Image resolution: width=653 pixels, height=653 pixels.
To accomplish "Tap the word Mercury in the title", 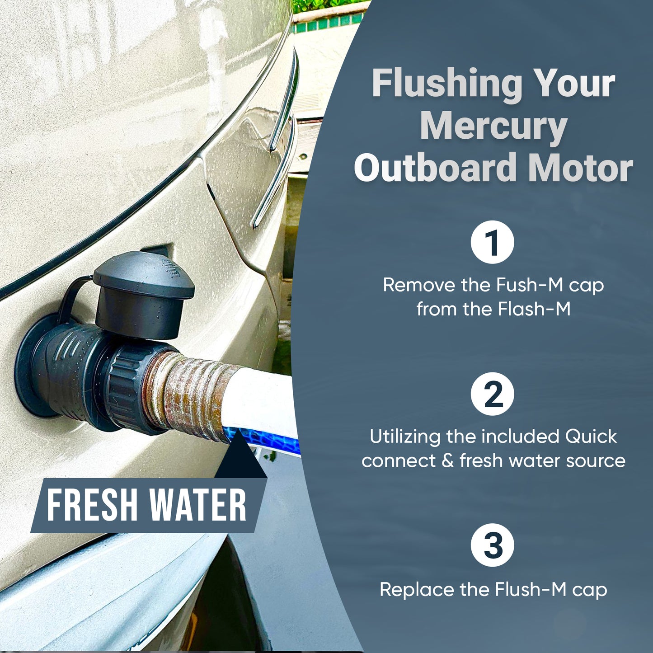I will pos(493,127).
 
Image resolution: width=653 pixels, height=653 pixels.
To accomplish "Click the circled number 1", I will pos(493,242).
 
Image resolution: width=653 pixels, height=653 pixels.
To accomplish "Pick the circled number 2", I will pos(493,394).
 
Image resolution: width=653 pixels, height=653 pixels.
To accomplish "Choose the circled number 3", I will pos(493,545).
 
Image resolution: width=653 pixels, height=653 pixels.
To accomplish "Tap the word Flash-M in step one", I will pos(534,309).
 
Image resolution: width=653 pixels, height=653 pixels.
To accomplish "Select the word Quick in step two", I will pos(591,437).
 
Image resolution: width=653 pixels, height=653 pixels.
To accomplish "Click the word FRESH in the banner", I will pos(92,505).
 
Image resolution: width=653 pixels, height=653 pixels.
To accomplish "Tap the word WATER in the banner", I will pos(198,505).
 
